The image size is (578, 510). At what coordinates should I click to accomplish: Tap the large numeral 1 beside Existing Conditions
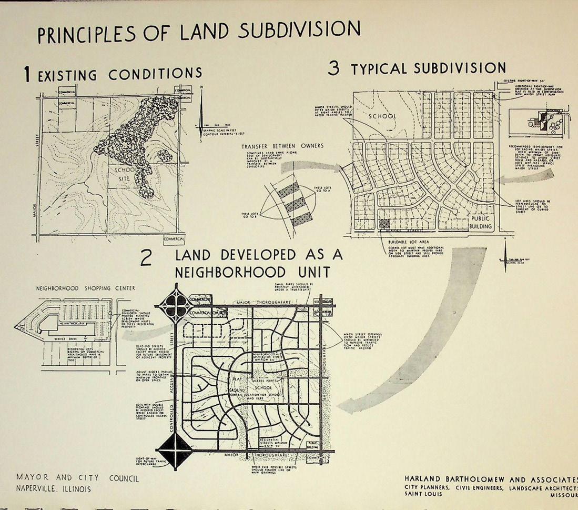pyautogui.click(x=27, y=75)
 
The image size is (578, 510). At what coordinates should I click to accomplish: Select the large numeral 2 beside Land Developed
pyautogui.click(x=147, y=258)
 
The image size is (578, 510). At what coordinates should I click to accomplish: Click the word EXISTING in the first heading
pyautogui.click(x=67, y=75)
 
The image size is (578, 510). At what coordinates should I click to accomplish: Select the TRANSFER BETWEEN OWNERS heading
pyautogui.click(x=283, y=146)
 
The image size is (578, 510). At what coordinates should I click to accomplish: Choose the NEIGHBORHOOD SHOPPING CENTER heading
pyautogui.click(x=85, y=288)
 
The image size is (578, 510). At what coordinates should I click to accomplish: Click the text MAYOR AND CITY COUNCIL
pyautogui.click(x=78, y=478)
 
